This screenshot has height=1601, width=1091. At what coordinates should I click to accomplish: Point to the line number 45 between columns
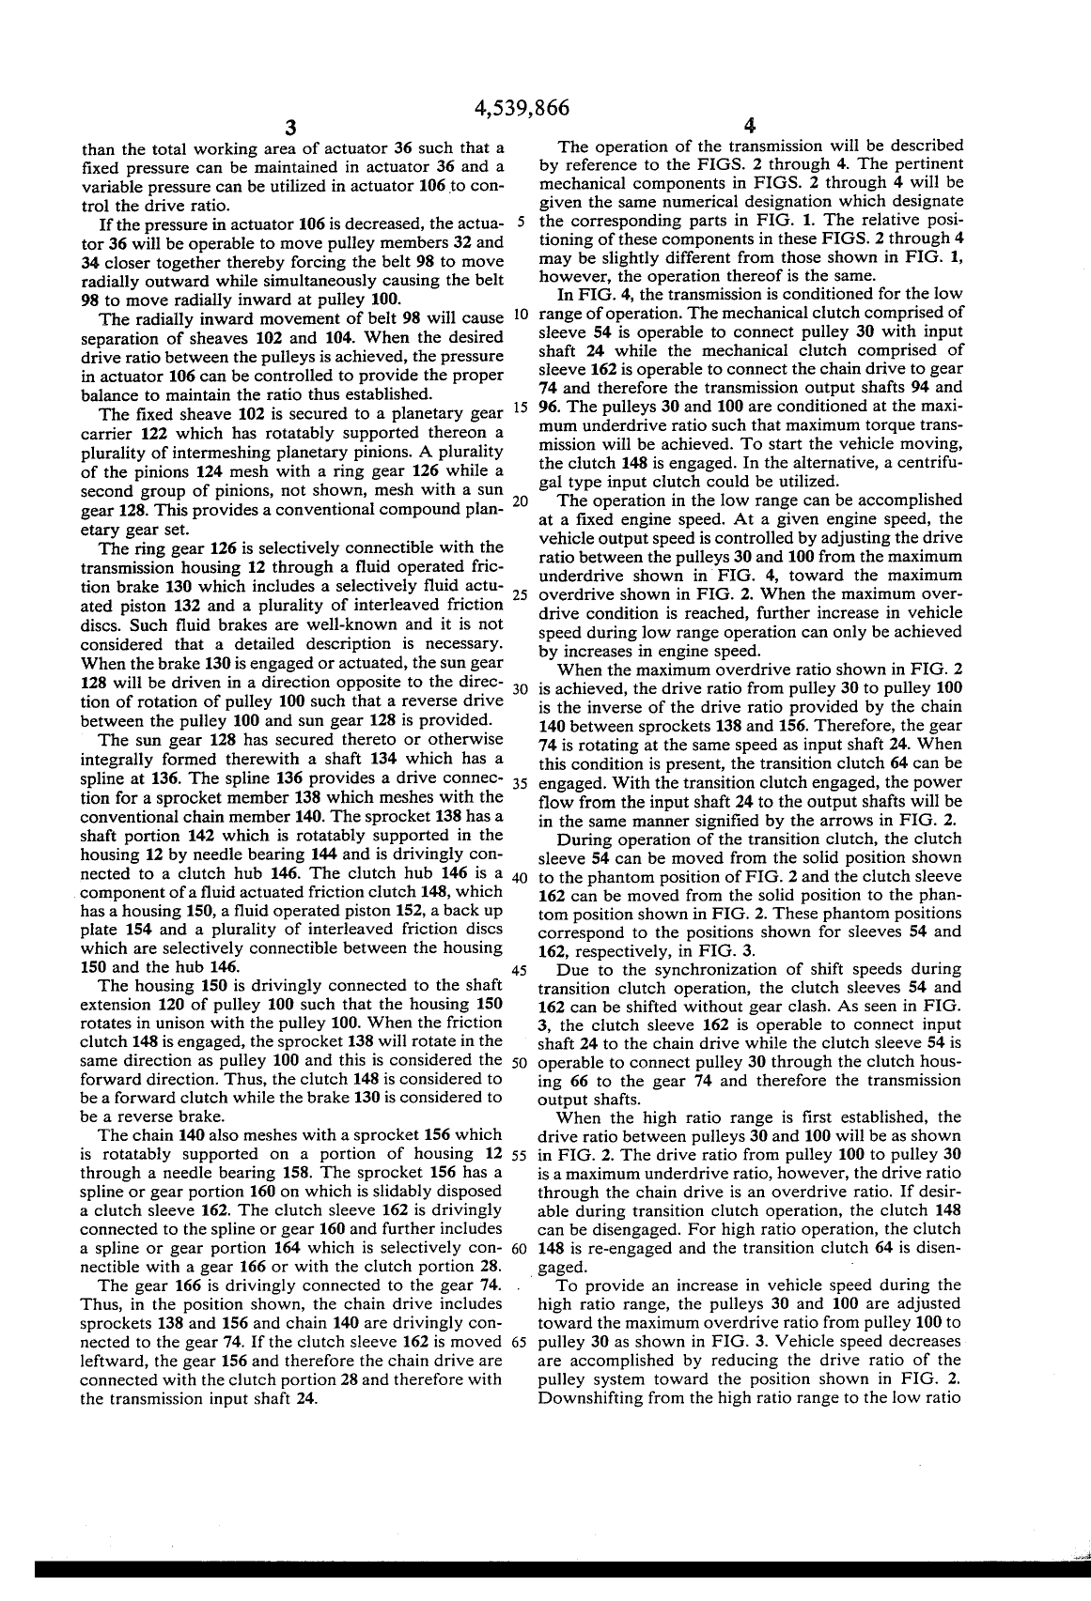coord(518,970)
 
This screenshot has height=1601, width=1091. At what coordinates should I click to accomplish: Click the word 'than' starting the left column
coord(97,148)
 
